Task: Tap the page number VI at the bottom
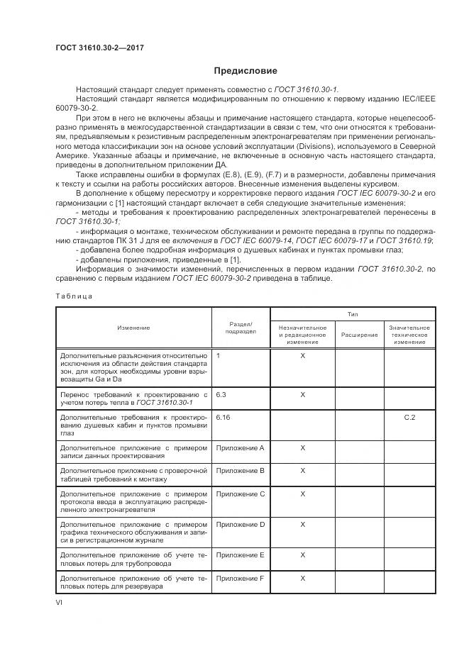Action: click(x=60, y=601)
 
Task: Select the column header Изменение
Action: click(x=133, y=328)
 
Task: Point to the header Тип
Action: click(x=353, y=313)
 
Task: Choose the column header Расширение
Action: click(x=360, y=335)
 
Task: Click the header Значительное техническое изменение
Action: click(x=409, y=335)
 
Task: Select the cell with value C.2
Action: click(x=409, y=417)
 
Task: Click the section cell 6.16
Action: click(x=224, y=417)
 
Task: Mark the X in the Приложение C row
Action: click(x=303, y=494)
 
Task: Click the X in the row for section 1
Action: click(x=303, y=355)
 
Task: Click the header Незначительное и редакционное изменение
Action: click(x=303, y=335)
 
